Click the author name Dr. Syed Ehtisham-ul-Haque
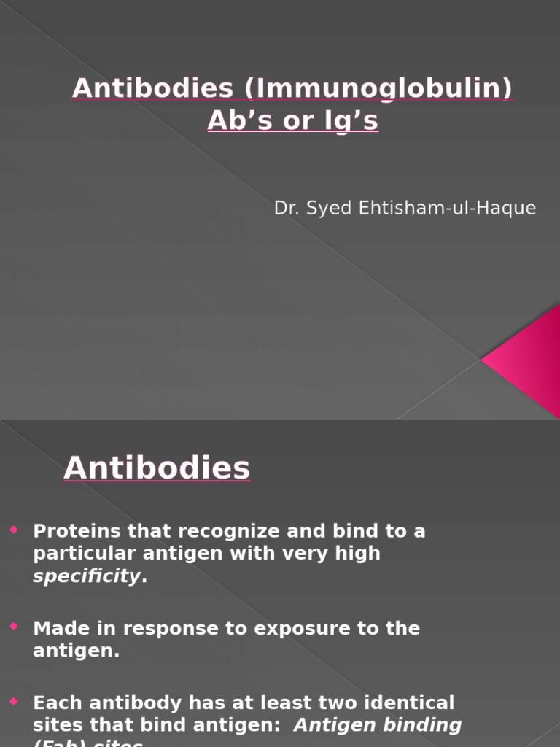tap(405, 208)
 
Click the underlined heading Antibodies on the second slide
tap(157, 468)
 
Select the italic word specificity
tap(87, 576)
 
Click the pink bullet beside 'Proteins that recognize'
tap(14, 530)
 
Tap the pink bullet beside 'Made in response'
tap(14, 627)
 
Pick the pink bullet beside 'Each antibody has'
tap(14, 702)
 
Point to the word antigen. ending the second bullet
tap(76, 651)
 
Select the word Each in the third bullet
tap(56, 703)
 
